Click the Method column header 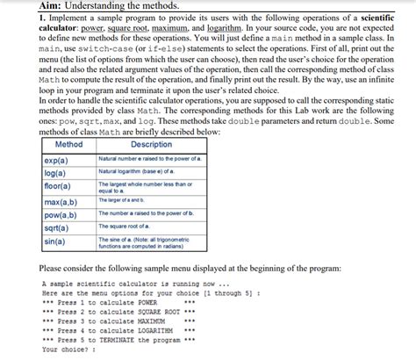[x=68, y=144]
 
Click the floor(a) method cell [x=58, y=186]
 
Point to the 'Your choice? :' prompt [x=67, y=349]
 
